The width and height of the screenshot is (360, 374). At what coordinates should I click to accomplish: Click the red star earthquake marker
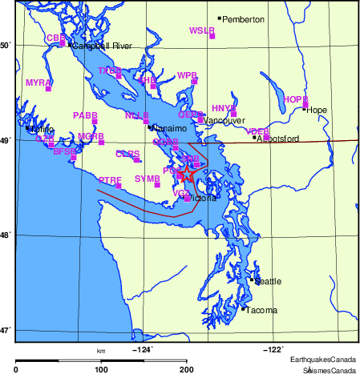click(x=185, y=172)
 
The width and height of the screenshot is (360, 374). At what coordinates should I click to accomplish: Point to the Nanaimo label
click(x=169, y=128)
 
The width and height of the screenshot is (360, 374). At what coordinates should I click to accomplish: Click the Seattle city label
click(x=269, y=281)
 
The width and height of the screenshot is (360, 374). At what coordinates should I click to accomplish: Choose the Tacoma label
click(x=262, y=310)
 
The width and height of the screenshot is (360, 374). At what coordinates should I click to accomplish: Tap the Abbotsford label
click(x=278, y=139)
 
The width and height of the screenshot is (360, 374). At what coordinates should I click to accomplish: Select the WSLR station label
click(x=201, y=30)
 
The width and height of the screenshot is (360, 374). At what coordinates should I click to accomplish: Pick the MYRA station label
click(x=38, y=82)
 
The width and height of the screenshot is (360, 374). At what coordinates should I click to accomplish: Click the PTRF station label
click(x=110, y=180)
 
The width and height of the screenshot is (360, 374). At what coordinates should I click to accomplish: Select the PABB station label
click(x=85, y=115)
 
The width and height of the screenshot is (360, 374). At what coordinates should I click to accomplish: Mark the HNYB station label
click(x=224, y=107)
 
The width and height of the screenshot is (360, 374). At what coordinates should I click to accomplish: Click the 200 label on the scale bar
click(x=187, y=369)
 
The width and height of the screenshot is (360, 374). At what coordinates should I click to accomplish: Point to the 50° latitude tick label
click(x=7, y=45)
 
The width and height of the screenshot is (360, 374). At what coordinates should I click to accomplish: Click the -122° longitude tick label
click(x=273, y=348)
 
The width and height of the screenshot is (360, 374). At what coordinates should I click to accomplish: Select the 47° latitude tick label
click(x=7, y=329)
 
